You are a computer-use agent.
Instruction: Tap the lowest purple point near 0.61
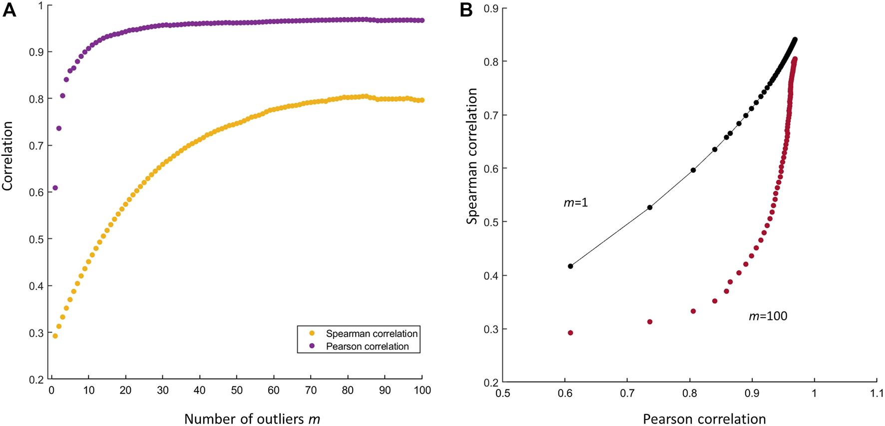click(55, 188)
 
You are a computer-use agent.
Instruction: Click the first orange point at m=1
click(55, 336)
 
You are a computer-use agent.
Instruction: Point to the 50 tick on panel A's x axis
click(237, 391)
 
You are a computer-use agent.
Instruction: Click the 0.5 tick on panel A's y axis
click(35, 239)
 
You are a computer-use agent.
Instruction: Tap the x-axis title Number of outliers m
click(252, 419)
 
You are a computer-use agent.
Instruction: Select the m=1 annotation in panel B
click(576, 203)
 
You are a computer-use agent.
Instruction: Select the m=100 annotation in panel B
click(768, 316)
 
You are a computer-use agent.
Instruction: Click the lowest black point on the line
click(570, 266)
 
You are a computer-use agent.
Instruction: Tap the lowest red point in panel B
click(570, 333)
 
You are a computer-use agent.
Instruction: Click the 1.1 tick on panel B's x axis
click(877, 393)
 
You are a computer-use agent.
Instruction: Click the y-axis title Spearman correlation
click(472, 156)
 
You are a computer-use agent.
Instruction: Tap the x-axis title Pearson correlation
click(704, 419)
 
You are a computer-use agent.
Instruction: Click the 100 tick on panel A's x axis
click(423, 391)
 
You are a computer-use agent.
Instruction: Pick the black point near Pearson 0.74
click(650, 207)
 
